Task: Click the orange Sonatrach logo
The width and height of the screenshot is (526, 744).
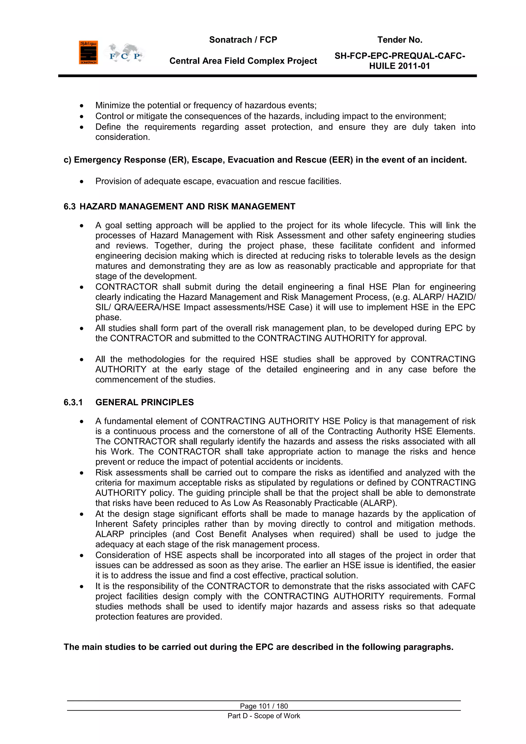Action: point(88,52)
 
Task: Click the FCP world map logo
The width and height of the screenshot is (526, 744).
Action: point(125,53)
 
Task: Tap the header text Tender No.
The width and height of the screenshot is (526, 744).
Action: point(399,40)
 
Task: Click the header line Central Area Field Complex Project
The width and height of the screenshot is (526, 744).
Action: point(243,61)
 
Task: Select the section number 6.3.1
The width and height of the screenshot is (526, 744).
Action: point(73,402)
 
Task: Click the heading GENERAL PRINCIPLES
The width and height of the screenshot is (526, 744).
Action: point(144,402)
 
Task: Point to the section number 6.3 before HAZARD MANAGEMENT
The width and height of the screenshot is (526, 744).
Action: point(69,206)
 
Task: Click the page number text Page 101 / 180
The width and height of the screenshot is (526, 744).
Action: point(264,706)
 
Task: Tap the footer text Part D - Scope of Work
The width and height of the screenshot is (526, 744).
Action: point(264,716)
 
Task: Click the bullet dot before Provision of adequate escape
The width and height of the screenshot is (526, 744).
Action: point(82,181)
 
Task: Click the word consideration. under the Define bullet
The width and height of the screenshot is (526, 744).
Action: point(123,137)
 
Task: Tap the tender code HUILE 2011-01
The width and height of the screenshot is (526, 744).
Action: point(399,66)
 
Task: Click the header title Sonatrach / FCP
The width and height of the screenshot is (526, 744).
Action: point(243,40)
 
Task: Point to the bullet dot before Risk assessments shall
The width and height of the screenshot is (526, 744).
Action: point(82,473)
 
